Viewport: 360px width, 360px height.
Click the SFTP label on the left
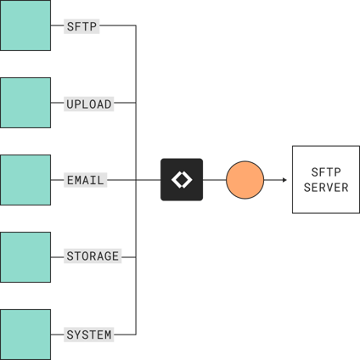(x=82, y=26)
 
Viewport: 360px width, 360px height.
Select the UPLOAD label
(x=89, y=104)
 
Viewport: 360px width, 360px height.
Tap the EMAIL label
(x=85, y=180)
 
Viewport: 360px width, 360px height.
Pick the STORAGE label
(x=93, y=256)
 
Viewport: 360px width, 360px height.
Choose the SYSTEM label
(x=89, y=335)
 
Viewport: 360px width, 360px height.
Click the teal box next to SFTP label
(x=25, y=25)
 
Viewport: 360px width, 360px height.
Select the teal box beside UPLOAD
(x=25, y=103)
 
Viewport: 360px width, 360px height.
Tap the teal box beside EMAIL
(x=25, y=180)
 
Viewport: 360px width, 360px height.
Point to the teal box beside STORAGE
(x=25, y=256)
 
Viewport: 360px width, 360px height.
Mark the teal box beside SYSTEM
(x=25, y=334)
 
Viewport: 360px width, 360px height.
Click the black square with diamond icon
(x=182, y=180)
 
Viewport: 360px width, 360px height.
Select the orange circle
(x=245, y=180)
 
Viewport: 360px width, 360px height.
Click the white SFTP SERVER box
(x=325, y=180)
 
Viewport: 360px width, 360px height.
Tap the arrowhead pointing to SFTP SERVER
(x=284, y=180)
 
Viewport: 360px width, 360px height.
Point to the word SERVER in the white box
(x=326, y=188)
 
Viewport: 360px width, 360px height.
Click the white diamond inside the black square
(x=182, y=180)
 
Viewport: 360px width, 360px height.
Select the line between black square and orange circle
(x=215, y=180)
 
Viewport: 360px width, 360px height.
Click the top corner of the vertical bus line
(x=136, y=26)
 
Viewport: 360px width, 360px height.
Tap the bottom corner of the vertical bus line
(x=136, y=335)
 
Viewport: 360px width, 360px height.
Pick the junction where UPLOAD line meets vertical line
(x=136, y=104)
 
